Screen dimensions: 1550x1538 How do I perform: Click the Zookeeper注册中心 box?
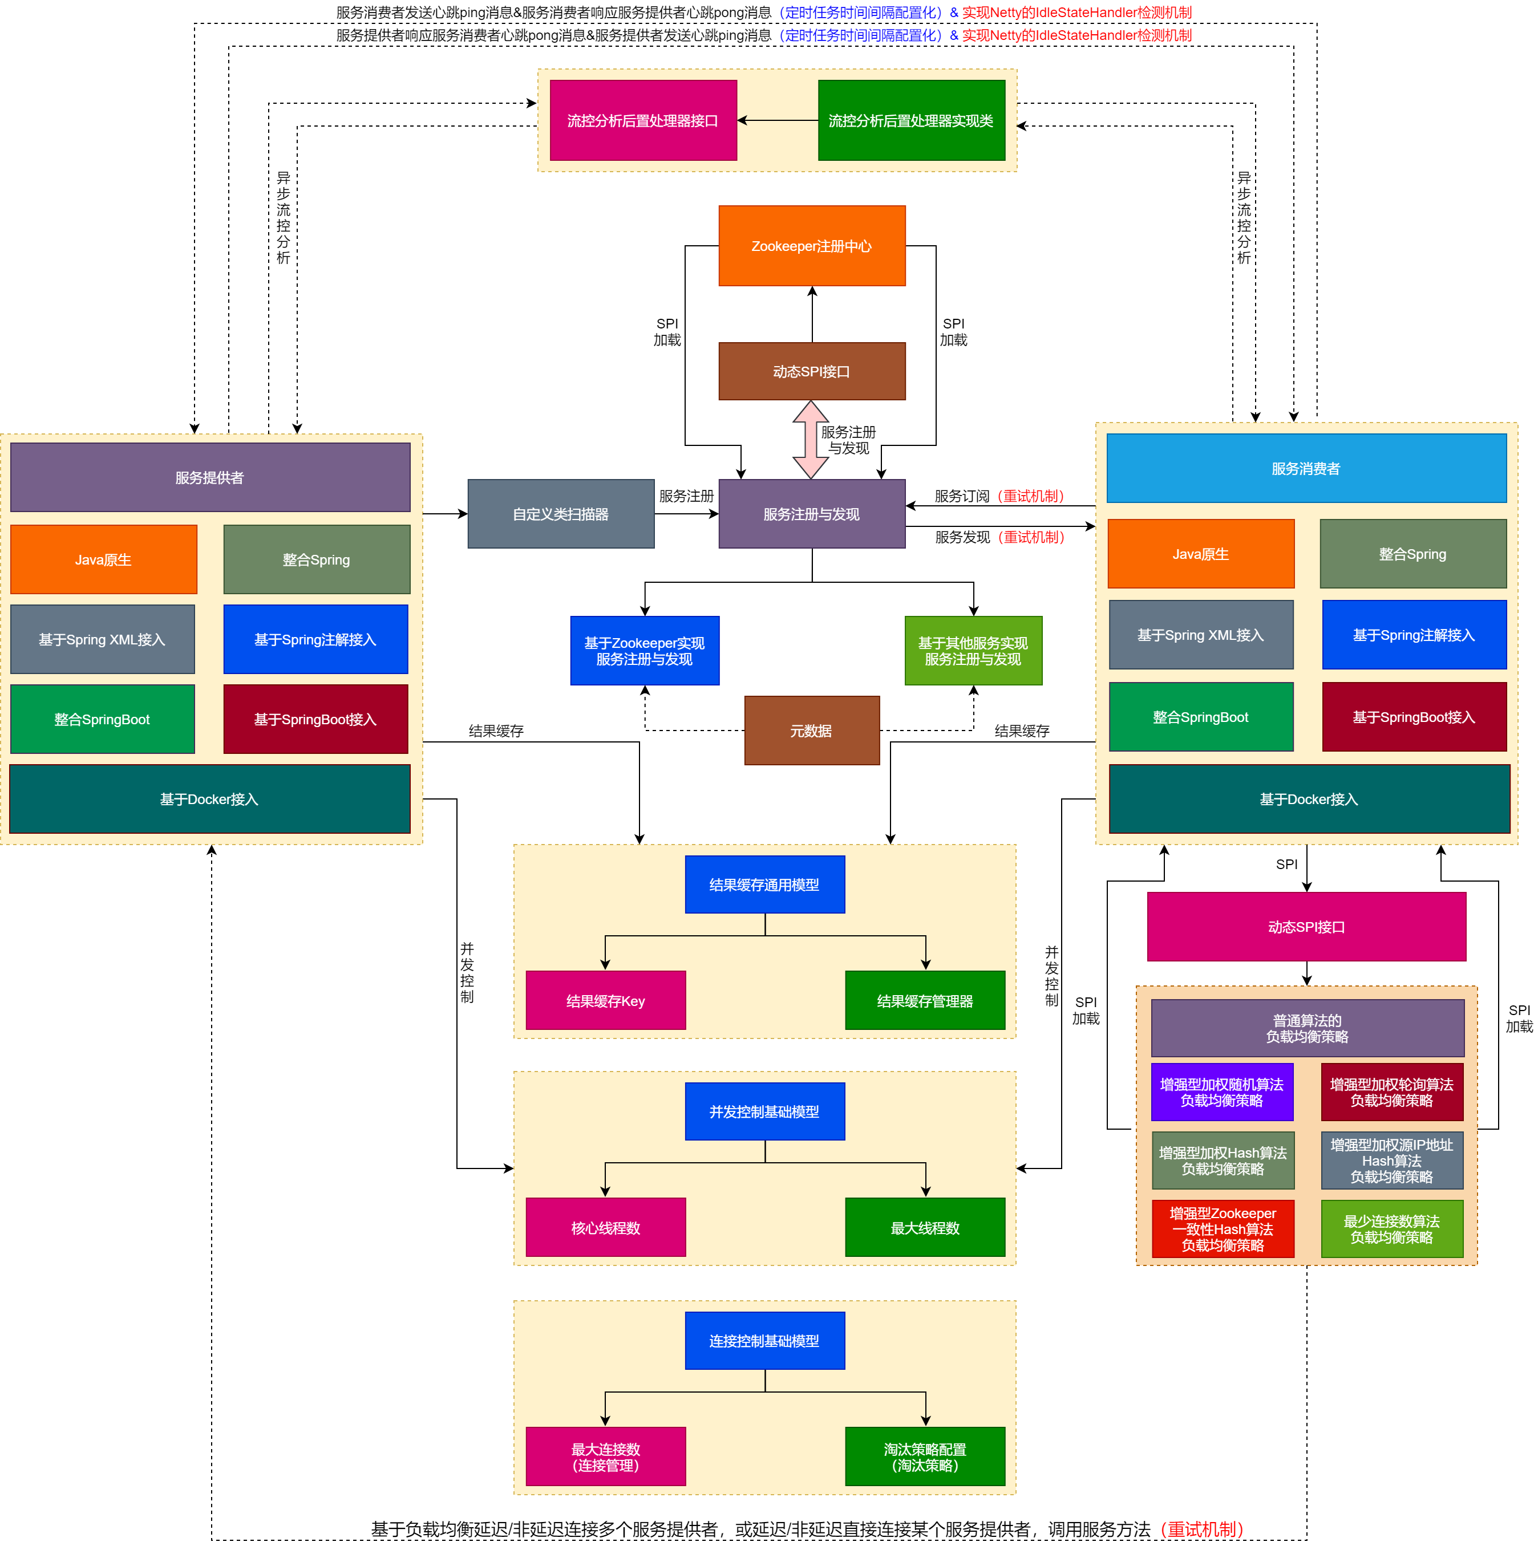[812, 245]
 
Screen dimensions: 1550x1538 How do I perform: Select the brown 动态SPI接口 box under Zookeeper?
[812, 371]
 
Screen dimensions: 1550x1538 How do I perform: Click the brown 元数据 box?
[812, 730]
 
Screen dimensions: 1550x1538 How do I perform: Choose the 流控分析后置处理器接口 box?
[643, 120]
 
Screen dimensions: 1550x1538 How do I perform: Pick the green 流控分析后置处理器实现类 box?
[911, 120]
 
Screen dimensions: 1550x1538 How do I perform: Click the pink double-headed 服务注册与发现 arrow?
[811, 439]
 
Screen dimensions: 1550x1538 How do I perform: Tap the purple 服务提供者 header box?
[209, 477]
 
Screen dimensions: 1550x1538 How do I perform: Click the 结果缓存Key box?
[605, 1000]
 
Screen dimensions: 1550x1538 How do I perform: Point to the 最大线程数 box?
[925, 1227]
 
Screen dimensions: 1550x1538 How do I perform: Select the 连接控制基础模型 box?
[764, 1341]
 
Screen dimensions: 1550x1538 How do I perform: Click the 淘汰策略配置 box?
[925, 1456]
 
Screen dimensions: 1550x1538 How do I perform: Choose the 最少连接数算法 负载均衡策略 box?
[1391, 1228]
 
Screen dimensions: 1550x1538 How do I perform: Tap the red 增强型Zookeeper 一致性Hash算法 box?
[1223, 1228]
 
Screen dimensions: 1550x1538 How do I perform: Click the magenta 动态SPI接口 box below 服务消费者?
[1306, 927]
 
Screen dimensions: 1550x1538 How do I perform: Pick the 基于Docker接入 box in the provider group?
[209, 799]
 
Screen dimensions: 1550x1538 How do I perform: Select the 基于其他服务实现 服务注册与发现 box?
[973, 651]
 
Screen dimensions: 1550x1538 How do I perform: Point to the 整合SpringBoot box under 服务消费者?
[1200, 716]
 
